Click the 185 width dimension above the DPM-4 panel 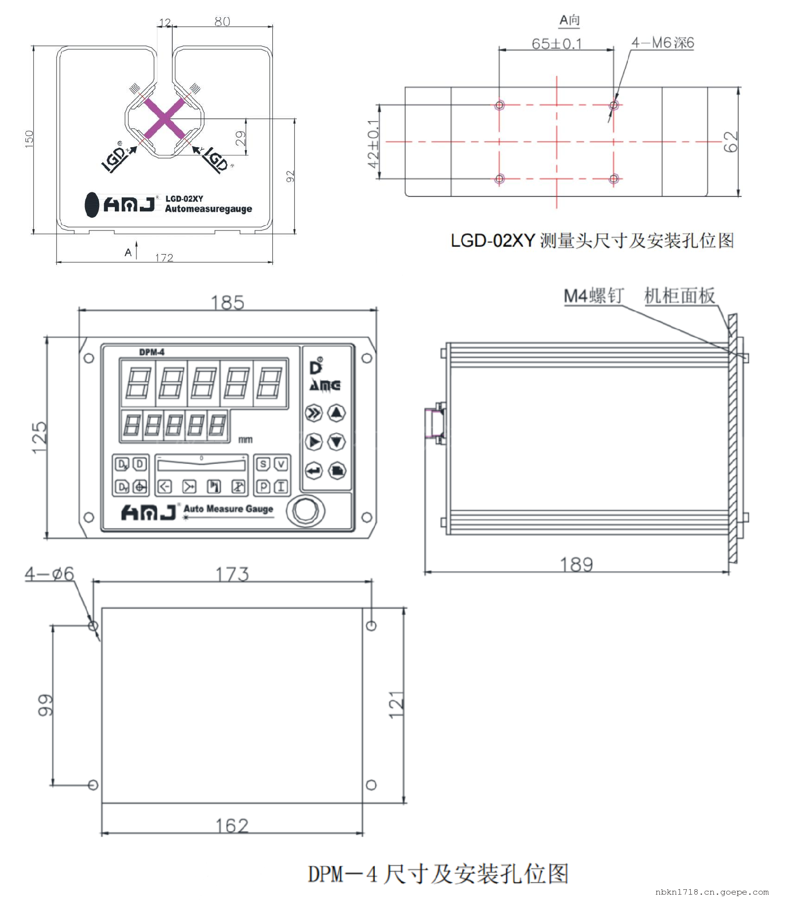pyautogui.click(x=227, y=303)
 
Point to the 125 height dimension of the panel pyautogui.click(x=39, y=438)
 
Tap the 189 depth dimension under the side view pyautogui.click(x=576, y=565)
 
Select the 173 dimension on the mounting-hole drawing pyautogui.click(x=232, y=574)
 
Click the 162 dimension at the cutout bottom pyautogui.click(x=232, y=826)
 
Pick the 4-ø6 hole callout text pyautogui.click(x=50, y=573)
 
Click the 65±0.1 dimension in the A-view pyautogui.click(x=557, y=44)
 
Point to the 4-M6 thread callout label pyautogui.click(x=663, y=43)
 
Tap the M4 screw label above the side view pyautogui.click(x=594, y=296)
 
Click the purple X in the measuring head pyautogui.click(x=165, y=119)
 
